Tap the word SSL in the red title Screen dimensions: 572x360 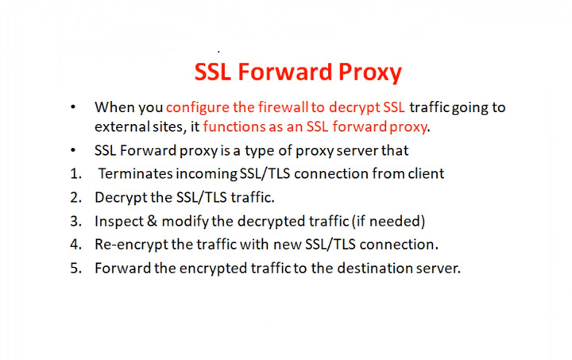[x=213, y=72]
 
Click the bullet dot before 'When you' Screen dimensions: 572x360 [x=73, y=107]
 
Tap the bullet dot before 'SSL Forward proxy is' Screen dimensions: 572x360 [x=73, y=150]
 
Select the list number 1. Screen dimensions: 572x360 [x=75, y=174]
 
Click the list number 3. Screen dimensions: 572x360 [x=75, y=222]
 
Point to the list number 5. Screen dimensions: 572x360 [x=75, y=268]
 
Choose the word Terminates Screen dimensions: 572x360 [x=136, y=173]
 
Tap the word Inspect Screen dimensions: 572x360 [x=119, y=222]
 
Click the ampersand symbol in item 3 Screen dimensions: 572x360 [x=152, y=222]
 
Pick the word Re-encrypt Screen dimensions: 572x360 [x=131, y=245]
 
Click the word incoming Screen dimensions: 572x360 [x=207, y=174]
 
